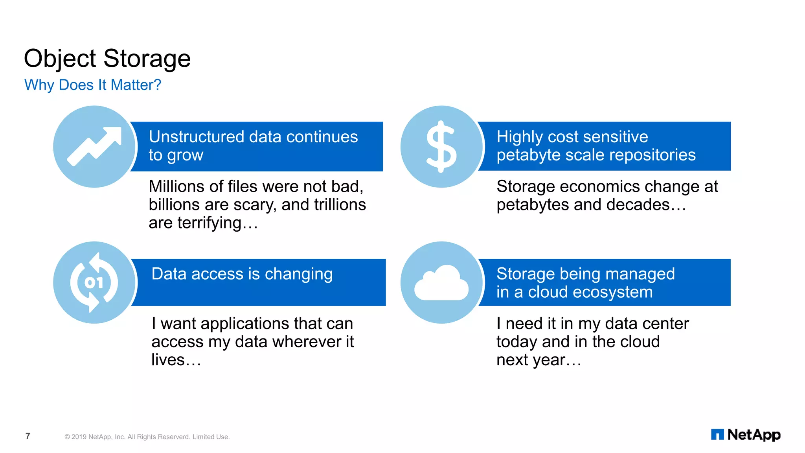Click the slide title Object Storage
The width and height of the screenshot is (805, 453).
[x=107, y=59]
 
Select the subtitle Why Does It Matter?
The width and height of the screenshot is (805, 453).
[x=93, y=85]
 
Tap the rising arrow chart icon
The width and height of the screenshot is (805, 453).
[x=94, y=146]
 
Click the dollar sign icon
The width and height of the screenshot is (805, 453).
[x=441, y=146]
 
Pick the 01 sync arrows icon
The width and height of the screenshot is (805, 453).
[x=94, y=282]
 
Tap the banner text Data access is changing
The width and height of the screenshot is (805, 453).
[x=242, y=274]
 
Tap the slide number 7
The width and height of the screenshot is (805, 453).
[x=28, y=436]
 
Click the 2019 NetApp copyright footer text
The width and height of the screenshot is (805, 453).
[x=147, y=437]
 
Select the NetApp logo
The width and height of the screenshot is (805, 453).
[x=746, y=435]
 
